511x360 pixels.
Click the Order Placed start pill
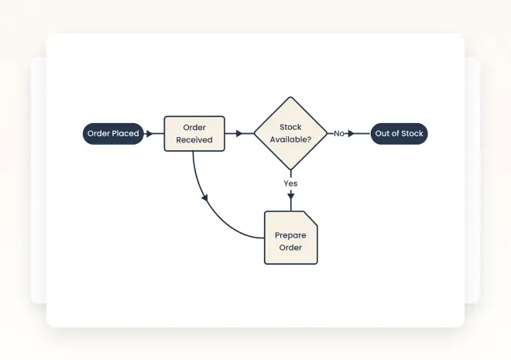tap(113, 134)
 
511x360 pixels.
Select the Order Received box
tap(194, 134)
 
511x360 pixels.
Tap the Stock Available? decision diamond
tap(290, 134)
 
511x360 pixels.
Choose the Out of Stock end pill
tap(399, 134)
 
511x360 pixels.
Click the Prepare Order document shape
tap(290, 238)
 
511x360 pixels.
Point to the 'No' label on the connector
tap(339, 134)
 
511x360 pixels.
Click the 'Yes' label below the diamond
tap(290, 183)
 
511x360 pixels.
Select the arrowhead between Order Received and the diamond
tap(239, 134)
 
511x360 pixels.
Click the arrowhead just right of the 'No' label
tap(351, 134)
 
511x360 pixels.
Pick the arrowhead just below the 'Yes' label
tap(290, 196)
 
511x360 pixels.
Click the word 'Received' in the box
tap(194, 140)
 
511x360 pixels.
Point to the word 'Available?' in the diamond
tap(290, 140)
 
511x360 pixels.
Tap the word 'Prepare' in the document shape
tap(290, 235)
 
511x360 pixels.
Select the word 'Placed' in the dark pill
tap(125, 134)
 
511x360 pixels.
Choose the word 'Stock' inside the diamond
tap(290, 127)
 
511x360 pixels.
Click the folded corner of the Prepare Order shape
tap(310, 218)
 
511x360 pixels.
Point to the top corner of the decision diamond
tap(290, 98)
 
